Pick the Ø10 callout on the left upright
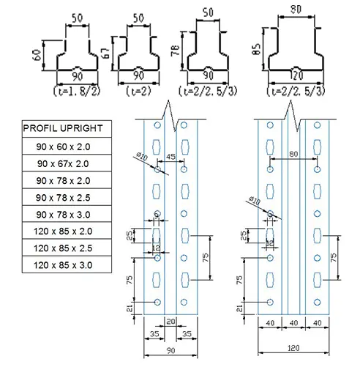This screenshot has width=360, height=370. click(x=143, y=155)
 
